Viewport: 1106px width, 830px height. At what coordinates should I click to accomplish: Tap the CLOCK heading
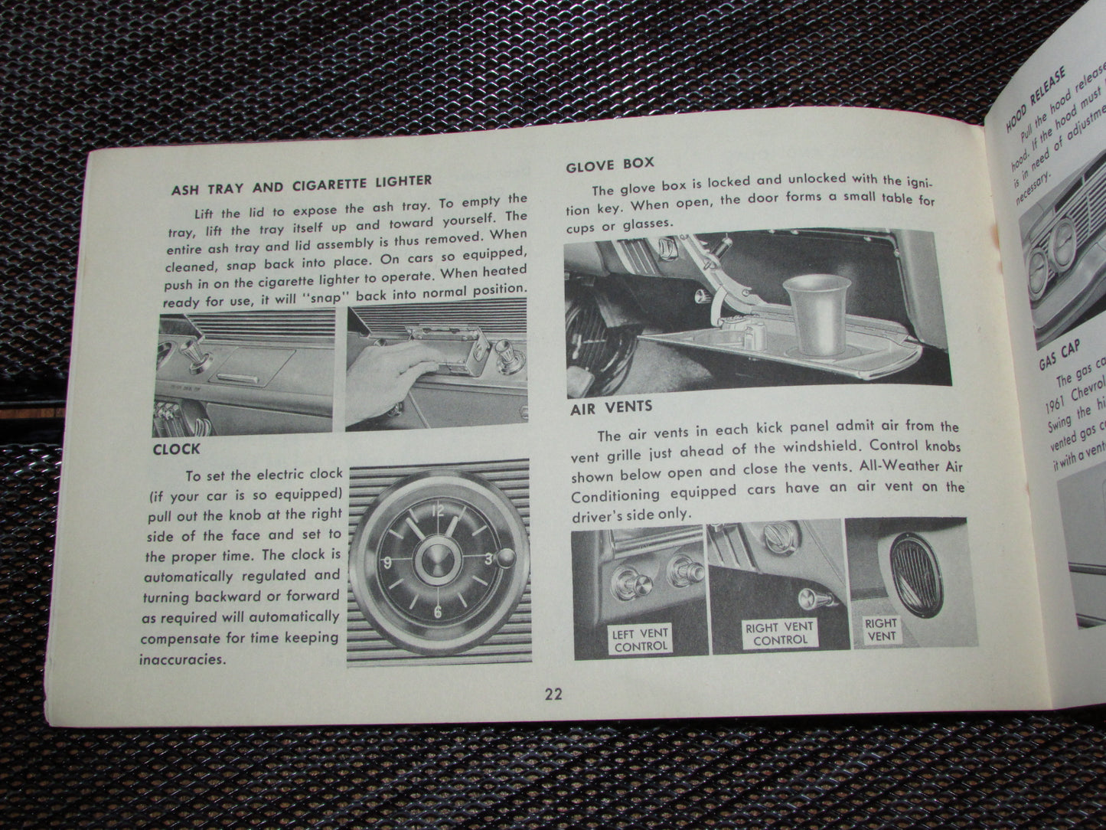pyautogui.click(x=177, y=449)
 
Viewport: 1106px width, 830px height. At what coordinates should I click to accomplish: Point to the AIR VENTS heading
pyautogui.click(x=610, y=407)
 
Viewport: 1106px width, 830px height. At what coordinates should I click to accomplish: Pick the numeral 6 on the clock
pyautogui.click(x=438, y=612)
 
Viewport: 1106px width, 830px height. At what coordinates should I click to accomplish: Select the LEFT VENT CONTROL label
pyautogui.click(x=640, y=639)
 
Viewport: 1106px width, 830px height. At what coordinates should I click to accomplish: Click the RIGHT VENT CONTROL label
pyautogui.click(x=780, y=633)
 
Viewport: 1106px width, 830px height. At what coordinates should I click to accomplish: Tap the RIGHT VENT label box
pyautogui.click(x=880, y=629)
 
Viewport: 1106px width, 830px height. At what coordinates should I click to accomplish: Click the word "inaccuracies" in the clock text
pyautogui.click(x=184, y=658)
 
